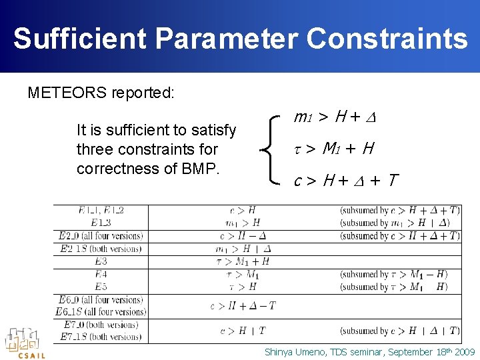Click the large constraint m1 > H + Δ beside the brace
pyautogui.click(x=335, y=119)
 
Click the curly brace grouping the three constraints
pyautogui.click(x=273, y=149)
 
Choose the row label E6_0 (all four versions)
pyautogui.click(x=101, y=300)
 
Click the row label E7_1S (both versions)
pyautogui.click(x=101, y=337)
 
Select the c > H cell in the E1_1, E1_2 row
pyautogui.click(x=243, y=211)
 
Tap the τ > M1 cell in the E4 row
pyautogui.click(x=243, y=274)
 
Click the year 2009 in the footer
pyautogui.click(x=464, y=351)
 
